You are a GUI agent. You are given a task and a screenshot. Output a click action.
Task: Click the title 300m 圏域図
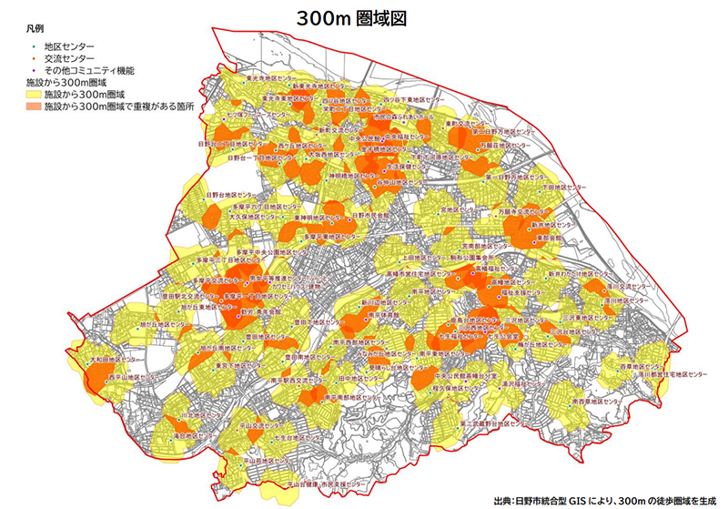click(363, 17)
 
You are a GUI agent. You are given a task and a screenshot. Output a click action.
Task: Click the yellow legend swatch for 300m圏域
click(34, 94)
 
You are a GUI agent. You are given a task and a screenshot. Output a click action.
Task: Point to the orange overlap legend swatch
click(34, 106)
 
